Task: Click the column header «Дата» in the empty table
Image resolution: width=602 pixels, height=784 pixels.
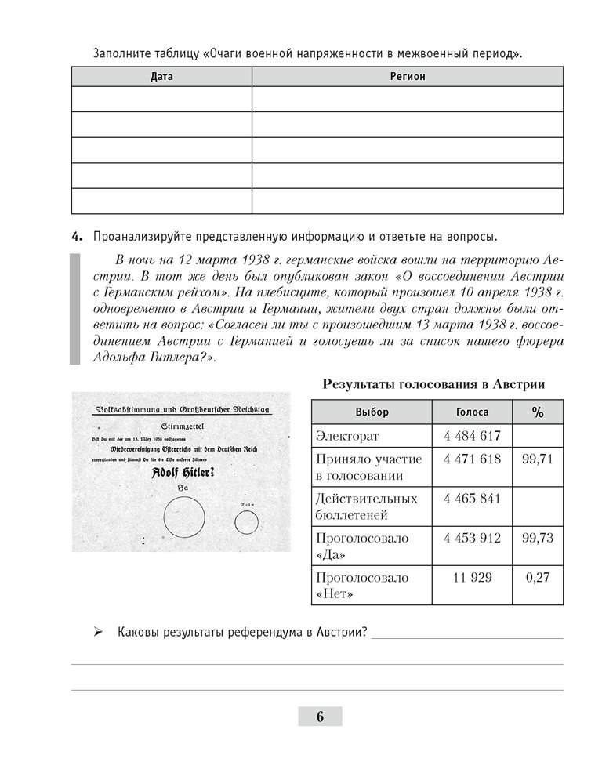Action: [x=161, y=77]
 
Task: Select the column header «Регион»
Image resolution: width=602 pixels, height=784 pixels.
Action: [x=408, y=77]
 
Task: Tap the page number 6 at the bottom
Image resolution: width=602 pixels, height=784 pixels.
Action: [x=320, y=717]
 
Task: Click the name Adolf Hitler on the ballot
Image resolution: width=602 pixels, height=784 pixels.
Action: [x=185, y=473]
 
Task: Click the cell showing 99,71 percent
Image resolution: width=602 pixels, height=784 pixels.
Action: [x=538, y=459]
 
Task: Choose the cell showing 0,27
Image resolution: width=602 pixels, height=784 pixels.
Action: [x=538, y=578]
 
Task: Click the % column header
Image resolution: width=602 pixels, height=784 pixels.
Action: [x=538, y=412]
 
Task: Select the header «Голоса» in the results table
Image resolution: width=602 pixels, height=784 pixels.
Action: [x=472, y=412]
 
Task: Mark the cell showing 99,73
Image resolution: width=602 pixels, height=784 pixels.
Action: [x=538, y=538]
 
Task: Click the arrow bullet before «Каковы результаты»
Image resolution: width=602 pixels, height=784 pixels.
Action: [x=98, y=633]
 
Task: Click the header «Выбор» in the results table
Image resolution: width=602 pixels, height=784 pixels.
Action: [x=372, y=412]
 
